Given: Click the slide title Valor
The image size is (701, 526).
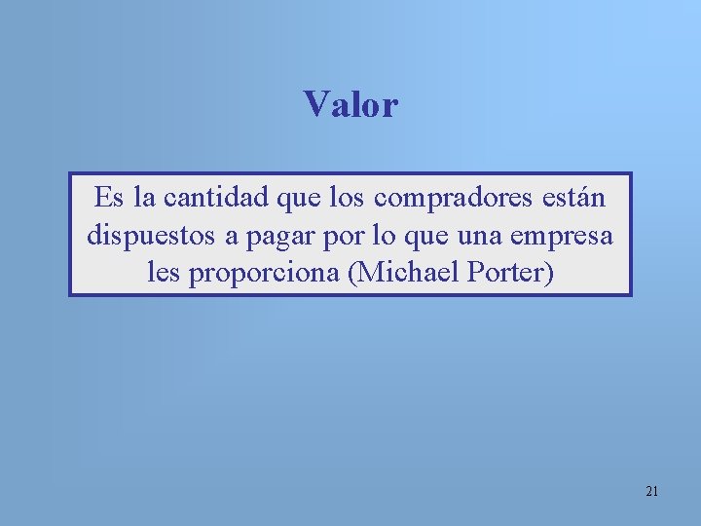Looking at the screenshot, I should click(x=350, y=104).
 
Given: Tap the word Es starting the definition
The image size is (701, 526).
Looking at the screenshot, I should click(x=108, y=199).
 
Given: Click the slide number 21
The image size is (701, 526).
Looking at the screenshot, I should click(x=651, y=491).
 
